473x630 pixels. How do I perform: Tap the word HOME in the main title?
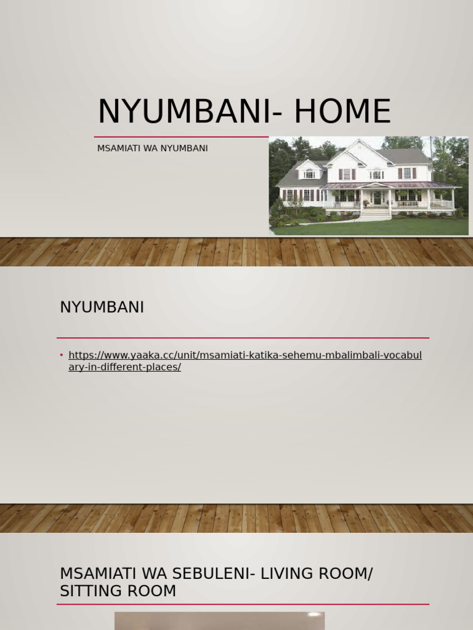click(342, 112)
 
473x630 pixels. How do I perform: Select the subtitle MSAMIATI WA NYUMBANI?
click(152, 148)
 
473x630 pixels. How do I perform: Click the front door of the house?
click(377, 197)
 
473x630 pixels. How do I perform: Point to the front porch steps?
click(375, 213)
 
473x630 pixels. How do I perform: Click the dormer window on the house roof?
click(309, 173)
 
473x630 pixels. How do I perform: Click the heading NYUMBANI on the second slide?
click(102, 307)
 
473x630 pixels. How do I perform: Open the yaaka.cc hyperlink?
click(245, 356)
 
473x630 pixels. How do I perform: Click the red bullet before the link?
click(62, 355)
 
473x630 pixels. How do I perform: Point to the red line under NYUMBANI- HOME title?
click(181, 137)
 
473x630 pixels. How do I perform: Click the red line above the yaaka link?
click(243, 338)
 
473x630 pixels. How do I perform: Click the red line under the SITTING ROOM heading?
click(243, 604)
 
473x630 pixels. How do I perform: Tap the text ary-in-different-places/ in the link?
click(124, 367)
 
